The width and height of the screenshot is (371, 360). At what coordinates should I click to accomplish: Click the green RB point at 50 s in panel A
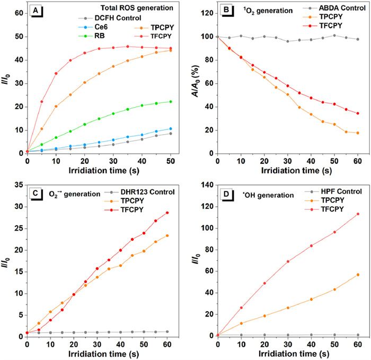point(170,102)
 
